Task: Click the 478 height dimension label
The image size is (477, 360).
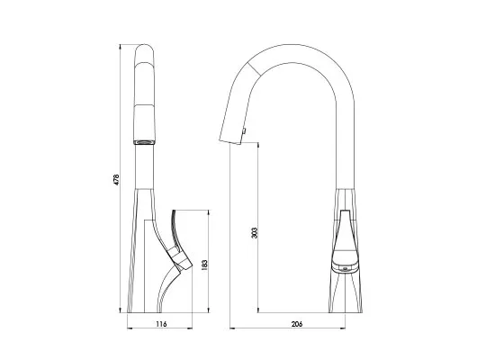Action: [x=117, y=179]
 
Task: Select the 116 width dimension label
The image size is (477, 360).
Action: [x=161, y=324]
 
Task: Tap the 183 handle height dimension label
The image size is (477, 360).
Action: [x=204, y=265]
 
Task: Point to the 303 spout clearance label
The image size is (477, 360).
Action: [x=255, y=233]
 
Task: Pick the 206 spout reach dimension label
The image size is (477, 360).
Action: [x=297, y=324]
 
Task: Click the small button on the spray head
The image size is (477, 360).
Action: [x=243, y=130]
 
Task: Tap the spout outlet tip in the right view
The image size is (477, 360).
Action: [x=230, y=141]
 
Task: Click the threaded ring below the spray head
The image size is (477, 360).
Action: [x=145, y=142]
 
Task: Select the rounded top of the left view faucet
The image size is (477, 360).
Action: [x=145, y=49]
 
